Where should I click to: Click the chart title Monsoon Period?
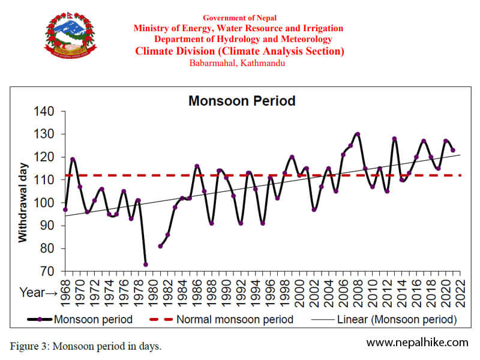point(242,100)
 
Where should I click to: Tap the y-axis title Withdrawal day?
point(23,202)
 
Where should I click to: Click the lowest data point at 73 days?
point(145,264)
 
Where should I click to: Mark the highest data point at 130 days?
point(358,134)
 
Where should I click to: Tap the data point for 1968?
point(65,209)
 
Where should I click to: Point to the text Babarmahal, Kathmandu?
point(238,63)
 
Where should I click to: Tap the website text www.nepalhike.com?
point(417,342)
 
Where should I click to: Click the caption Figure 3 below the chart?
point(86,346)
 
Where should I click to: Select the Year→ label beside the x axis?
point(38,293)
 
